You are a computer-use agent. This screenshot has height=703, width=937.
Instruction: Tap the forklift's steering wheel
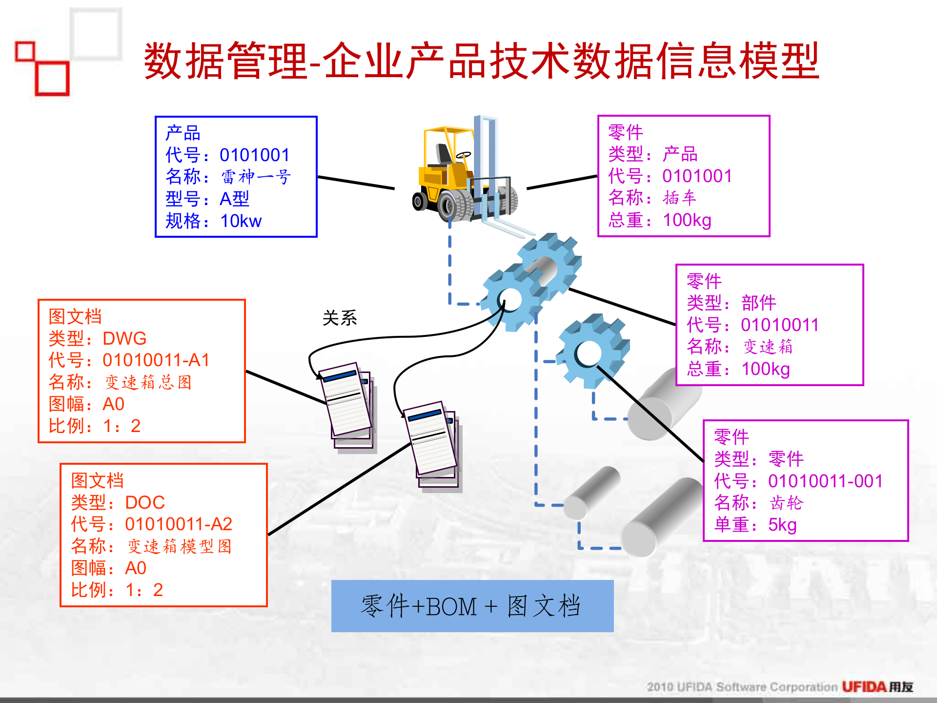[463, 155]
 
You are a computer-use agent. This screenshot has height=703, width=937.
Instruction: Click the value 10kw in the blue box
[241, 221]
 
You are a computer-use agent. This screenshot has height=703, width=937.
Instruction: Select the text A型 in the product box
[234, 199]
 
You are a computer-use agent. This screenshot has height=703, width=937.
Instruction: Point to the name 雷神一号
[256, 177]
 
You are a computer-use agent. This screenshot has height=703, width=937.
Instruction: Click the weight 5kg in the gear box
[782, 525]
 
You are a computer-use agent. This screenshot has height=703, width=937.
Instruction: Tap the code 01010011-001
[825, 481]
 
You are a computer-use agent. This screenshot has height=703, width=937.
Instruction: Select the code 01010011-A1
[156, 360]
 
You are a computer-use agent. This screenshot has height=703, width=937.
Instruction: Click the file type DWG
[124, 338]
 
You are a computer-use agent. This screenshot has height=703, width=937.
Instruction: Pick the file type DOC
[145, 502]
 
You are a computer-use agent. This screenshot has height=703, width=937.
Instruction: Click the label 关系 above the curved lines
[340, 318]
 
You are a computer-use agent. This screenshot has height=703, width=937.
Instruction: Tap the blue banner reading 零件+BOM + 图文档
[472, 606]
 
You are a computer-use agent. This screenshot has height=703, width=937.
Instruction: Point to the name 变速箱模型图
[180, 546]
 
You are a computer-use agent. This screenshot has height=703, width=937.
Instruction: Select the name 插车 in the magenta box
[679, 198]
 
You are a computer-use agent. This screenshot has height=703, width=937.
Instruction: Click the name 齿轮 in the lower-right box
[786, 503]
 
